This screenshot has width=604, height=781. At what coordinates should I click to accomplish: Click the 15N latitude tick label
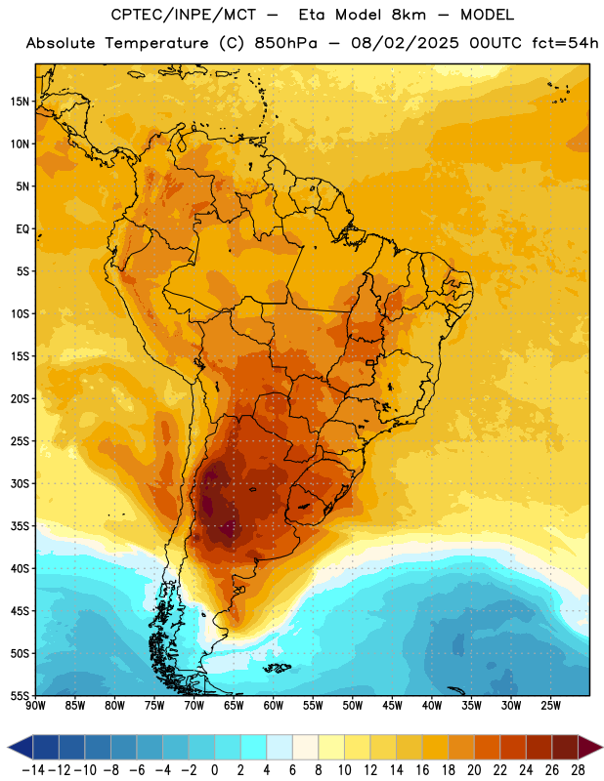coord(20,102)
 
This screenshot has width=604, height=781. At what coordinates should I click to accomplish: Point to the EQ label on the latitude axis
coord(22,229)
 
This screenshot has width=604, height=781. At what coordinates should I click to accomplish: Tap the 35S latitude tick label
coord(20,526)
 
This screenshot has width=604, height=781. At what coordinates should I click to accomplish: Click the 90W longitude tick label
coord(35,706)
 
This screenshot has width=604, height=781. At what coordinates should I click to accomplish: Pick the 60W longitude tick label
coord(274,706)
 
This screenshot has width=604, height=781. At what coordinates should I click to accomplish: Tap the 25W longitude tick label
coord(550,706)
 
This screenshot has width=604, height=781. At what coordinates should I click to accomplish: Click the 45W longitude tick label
coord(392,706)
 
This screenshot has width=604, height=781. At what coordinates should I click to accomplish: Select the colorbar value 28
coord(578,770)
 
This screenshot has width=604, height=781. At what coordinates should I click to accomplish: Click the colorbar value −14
coord(33,770)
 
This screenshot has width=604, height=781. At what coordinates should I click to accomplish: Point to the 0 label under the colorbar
coord(214,770)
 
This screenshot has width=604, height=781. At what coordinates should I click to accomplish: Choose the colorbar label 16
coord(422,770)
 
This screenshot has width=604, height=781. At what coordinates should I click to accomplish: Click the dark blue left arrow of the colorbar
coord(21,747)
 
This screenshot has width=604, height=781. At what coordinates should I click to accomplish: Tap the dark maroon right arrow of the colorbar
coord(590,747)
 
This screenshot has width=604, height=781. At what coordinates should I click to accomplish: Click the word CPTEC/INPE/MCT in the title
coord(184,16)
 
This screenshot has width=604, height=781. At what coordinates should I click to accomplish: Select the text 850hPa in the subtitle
coord(285,43)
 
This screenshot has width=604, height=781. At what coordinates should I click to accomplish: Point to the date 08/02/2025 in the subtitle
coord(405,43)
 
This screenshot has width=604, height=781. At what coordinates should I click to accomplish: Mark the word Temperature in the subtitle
coord(156,44)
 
